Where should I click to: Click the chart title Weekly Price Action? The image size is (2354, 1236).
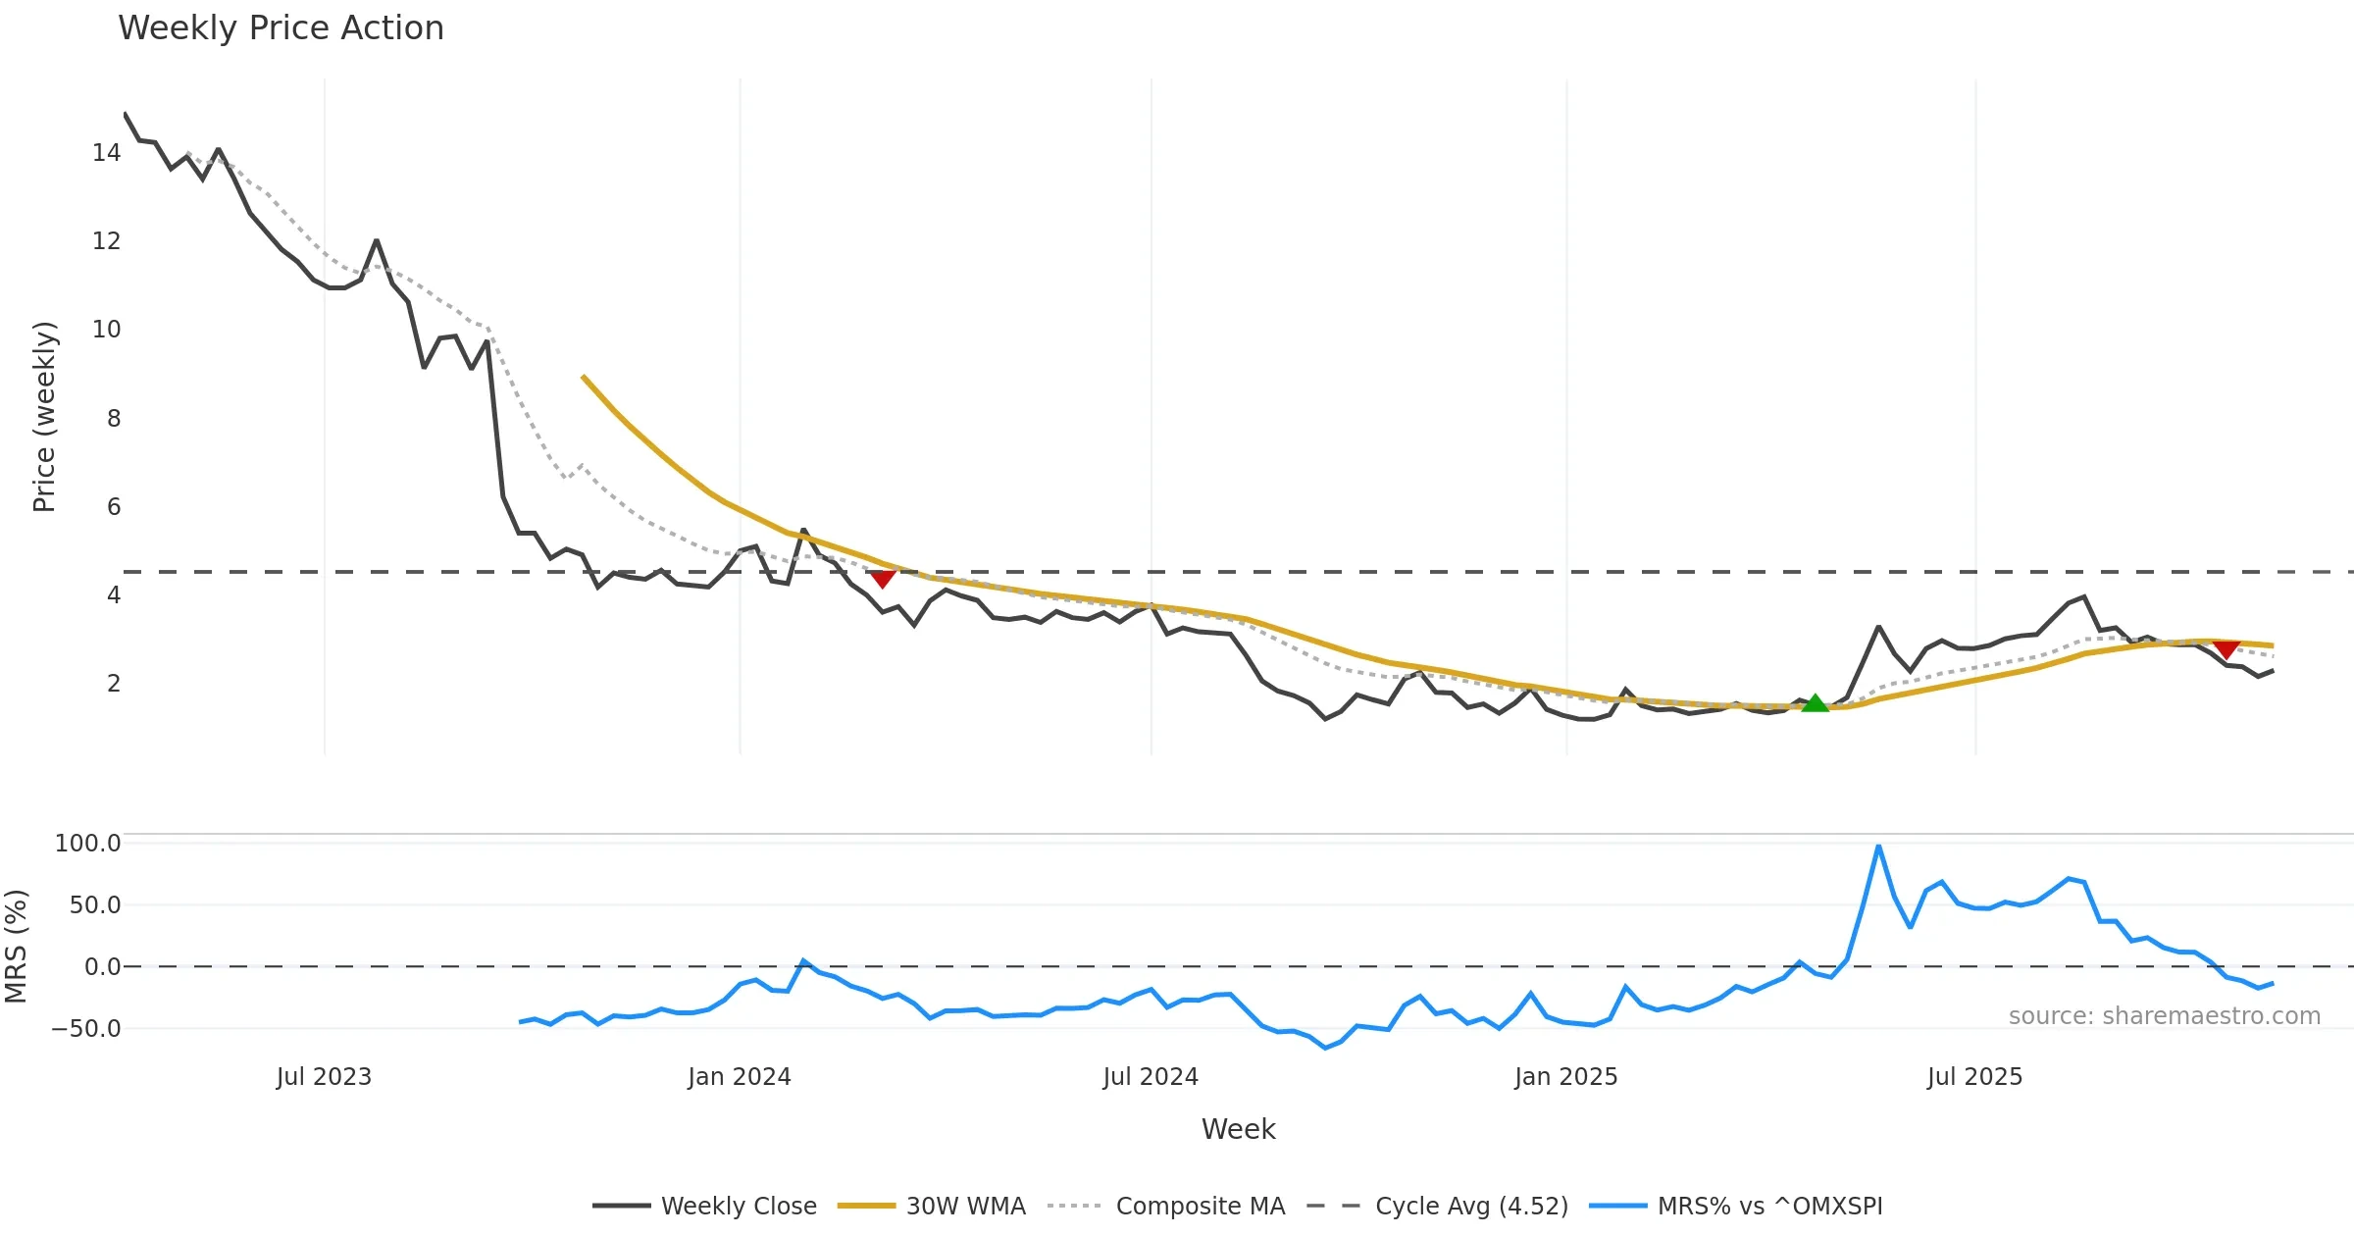281,28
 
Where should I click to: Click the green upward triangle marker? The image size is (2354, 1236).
1815,703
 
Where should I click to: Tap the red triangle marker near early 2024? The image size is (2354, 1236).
883,579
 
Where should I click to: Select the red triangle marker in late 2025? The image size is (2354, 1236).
2226,649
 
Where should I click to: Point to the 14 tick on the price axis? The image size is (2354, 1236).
106,153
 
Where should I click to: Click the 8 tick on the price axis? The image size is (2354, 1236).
114,419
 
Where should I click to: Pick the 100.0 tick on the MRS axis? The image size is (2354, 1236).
87,844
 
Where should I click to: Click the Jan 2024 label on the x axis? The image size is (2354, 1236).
739,1077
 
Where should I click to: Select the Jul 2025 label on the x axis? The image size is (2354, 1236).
1974,1077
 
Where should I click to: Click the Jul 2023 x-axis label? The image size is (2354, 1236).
324,1077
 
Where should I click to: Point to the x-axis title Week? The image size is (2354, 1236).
1238,1130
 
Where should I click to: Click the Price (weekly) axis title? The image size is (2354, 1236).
44,417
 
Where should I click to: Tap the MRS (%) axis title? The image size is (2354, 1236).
16,947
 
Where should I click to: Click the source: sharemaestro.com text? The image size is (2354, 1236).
2164,1016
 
